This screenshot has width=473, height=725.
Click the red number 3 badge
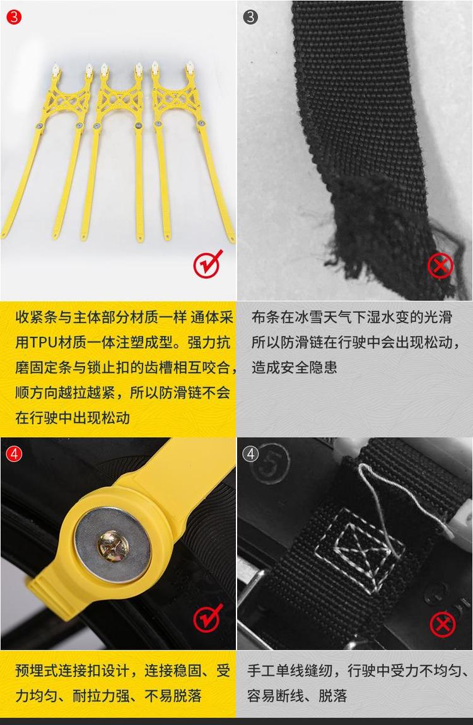coord(15,17)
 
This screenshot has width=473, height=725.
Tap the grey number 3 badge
coord(250,17)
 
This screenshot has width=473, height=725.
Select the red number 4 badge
coord(14,454)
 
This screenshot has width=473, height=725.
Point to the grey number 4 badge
coord(250,454)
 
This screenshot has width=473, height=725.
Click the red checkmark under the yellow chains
coord(208,264)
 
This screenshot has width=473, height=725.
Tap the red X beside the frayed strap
coord(440,266)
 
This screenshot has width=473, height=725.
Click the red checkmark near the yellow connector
coord(208,618)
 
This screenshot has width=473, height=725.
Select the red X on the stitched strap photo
coord(443,624)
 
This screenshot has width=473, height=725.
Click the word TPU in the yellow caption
coord(44,343)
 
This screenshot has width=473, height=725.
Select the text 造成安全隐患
coord(295,368)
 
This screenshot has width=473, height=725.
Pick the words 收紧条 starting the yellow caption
coord(37,317)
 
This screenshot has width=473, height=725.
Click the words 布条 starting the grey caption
coord(266,317)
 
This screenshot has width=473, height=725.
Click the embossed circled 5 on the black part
coord(270,464)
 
